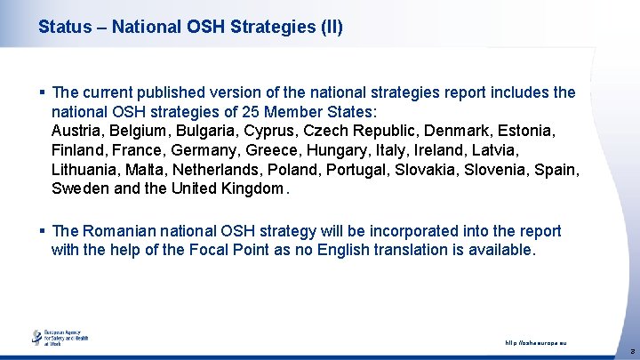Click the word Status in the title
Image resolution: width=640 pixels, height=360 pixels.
coord(65,28)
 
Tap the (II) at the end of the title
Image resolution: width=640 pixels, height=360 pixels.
coord(328,28)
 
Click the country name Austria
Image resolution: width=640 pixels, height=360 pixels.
coord(76,132)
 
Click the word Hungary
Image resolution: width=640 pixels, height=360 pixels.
coord(341,150)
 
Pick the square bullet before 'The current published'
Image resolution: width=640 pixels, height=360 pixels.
coord(43,92)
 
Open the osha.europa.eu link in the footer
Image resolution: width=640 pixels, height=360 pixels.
coord(536,343)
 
